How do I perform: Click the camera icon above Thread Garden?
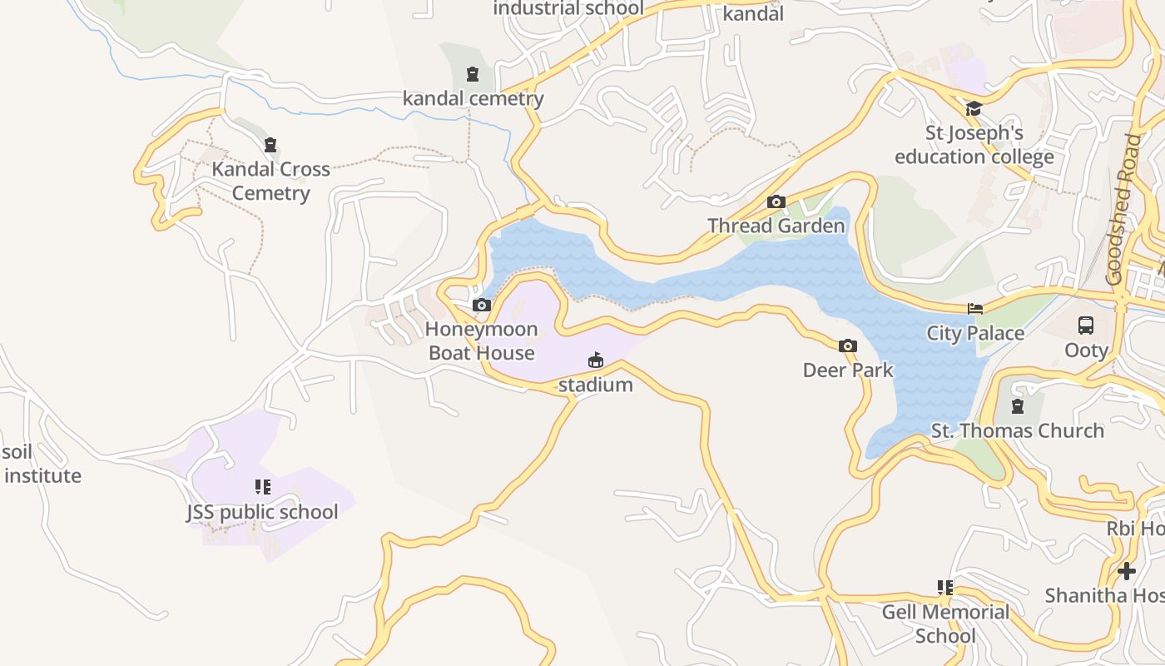coord(776,201)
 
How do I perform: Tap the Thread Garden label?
coord(776,226)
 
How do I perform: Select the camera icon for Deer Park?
coord(847,345)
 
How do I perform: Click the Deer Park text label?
coord(847,370)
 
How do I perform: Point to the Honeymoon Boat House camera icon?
coord(481,306)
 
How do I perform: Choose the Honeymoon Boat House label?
coord(480,341)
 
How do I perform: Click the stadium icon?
coord(595,360)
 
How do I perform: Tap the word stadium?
coord(595,385)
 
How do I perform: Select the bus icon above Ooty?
coord(1085,326)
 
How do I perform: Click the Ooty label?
coord(1086,350)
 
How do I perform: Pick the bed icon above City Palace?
coord(975,309)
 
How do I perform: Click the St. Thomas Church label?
coord(1017,430)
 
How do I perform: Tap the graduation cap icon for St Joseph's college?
coord(973,109)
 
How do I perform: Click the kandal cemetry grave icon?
coord(473,74)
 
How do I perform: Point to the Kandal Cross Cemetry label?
coord(270,181)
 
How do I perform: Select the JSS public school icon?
coord(262,487)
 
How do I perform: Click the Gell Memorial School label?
coord(945,624)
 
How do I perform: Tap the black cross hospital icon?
coord(1127,571)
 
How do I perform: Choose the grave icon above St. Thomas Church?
coord(1016,406)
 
